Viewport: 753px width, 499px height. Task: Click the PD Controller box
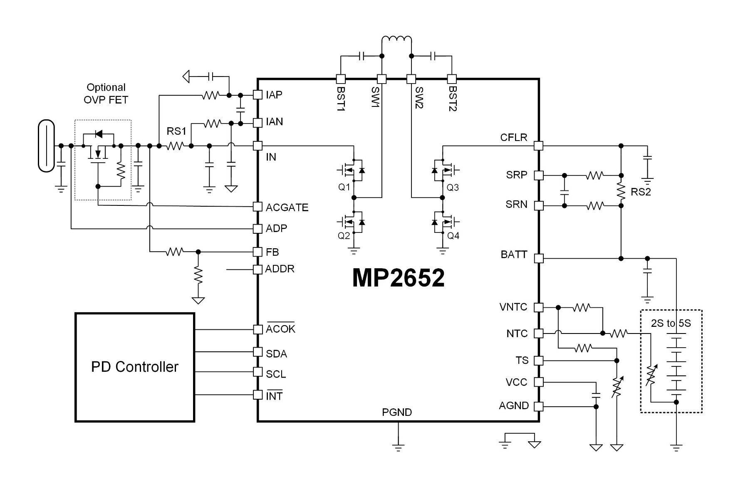(x=134, y=367)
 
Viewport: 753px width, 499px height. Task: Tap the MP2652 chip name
(x=398, y=278)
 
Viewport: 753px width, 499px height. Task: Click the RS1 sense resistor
(x=175, y=146)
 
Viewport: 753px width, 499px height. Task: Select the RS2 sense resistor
(x=621, y=190)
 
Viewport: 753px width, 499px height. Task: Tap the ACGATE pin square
(x=258, y=207)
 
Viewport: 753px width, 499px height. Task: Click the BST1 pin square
(x=340, y=79)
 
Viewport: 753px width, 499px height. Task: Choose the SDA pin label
(x=276, y=354)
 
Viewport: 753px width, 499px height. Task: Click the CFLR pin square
(x=538, y=146)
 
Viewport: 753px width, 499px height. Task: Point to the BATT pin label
(x=514, y=254)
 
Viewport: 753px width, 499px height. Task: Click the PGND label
(x=397, y=412)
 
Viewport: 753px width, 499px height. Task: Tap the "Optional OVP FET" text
(x=106, y=94)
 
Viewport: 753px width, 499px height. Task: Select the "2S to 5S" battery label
(x=671, y=323)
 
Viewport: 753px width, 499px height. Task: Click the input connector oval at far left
(x=46, y=146)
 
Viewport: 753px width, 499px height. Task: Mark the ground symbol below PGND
(x=398, y=447)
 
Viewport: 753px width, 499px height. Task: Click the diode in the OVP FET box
(x=99, y=134)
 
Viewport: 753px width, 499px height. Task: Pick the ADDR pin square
(x=258, y=269)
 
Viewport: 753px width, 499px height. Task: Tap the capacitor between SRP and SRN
(x=564, y=192)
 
